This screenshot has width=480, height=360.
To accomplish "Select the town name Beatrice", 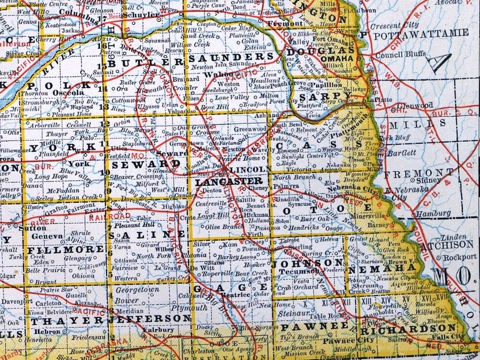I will [x=243, y=295].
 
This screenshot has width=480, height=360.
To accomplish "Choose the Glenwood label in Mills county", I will [x=418, y=105].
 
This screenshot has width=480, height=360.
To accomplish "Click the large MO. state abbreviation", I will [x=452, y=274].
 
